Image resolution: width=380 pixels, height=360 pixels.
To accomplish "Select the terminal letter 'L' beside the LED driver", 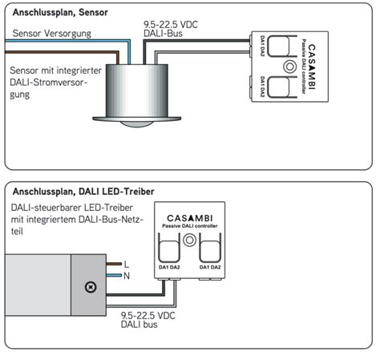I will [x=126, y=264].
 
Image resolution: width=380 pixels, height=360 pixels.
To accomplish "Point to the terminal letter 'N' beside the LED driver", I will [x=126, y=275].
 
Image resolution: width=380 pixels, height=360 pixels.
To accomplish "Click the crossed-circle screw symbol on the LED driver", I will [x=91, y=286].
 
